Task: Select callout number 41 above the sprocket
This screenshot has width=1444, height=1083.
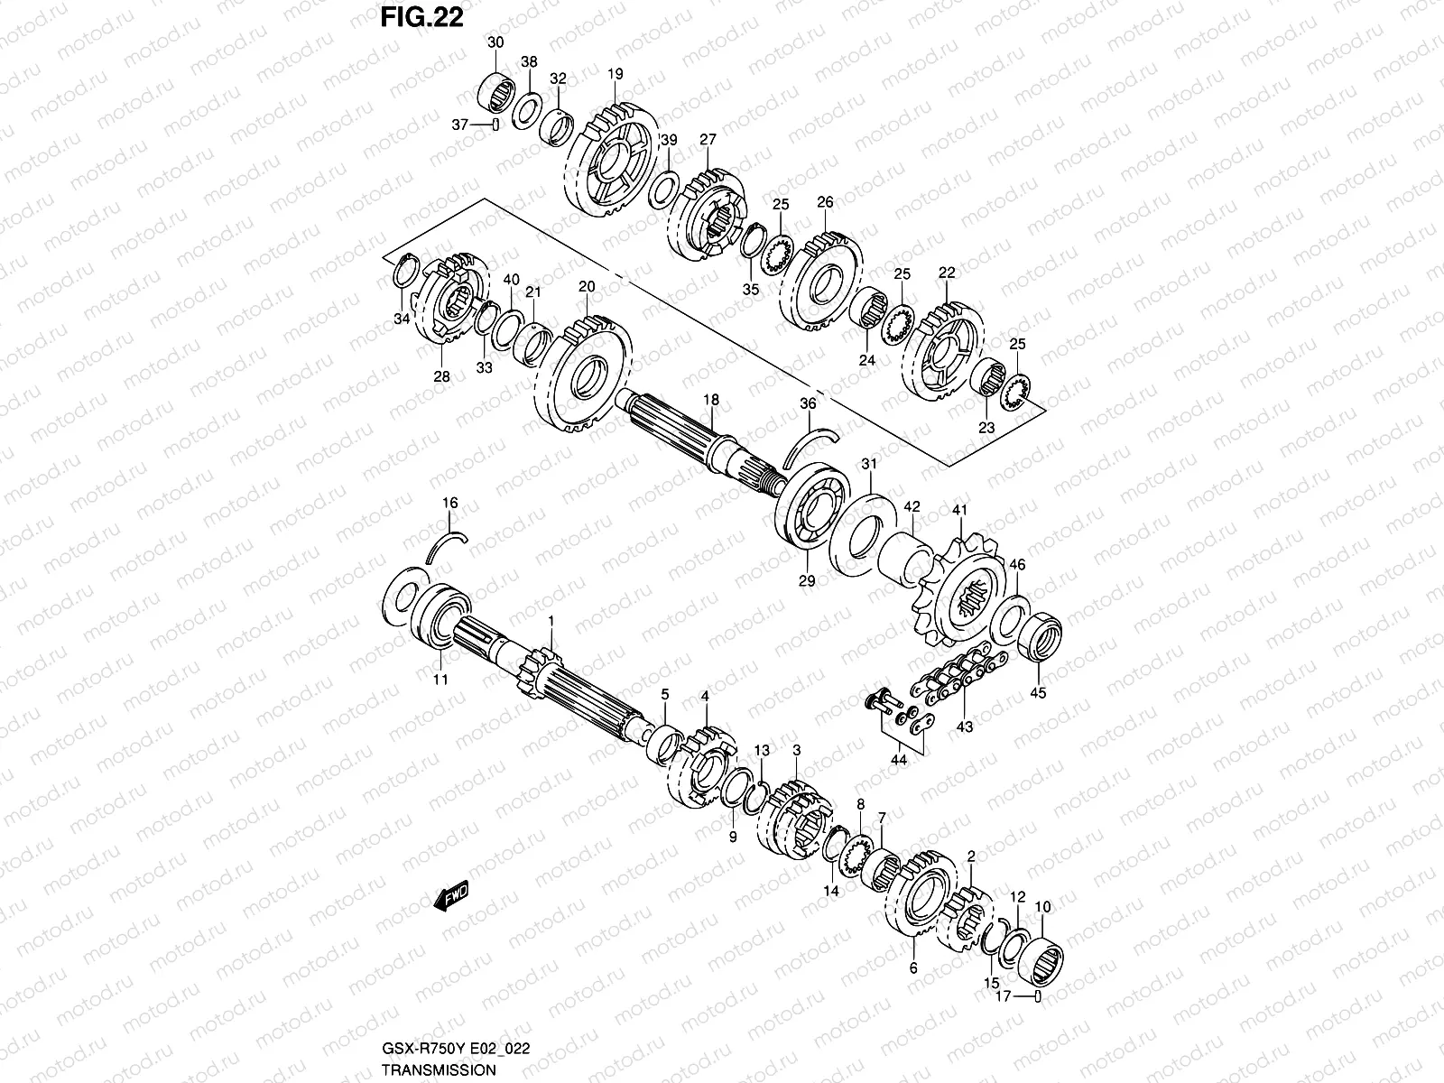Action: [x=958, y=511]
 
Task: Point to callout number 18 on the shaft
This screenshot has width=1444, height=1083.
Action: [x=711, y=400]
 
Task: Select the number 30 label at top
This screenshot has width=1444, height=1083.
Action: [x=495, y=43]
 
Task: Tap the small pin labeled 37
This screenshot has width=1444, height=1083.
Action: [x=495, y=125]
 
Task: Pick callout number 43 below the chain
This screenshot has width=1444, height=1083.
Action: [x=965, y=727]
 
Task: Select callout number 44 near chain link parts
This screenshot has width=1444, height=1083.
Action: [x=899, y=760]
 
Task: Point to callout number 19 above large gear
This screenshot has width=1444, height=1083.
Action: [x=616, y=74]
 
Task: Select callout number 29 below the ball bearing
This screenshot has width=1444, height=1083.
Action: [x=807, y=581]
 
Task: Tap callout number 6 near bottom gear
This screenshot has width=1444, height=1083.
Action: [x=912, y=968]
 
